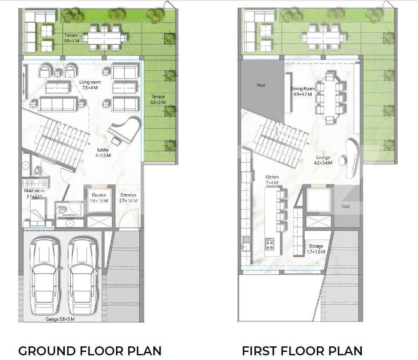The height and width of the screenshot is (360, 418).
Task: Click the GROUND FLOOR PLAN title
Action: coord(90,351)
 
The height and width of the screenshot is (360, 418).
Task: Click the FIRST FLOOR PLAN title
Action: coord(302,351)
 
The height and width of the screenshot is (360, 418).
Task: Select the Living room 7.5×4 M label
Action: coord(89,85)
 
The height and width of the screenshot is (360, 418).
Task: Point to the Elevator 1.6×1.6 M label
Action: coord(99,198)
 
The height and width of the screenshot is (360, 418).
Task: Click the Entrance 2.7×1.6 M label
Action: coord(128,198)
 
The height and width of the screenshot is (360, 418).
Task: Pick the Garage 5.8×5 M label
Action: coord(60,319)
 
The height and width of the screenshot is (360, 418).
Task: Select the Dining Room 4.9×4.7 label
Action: coord(303,91)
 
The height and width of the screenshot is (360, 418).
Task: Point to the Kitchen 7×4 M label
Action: coord(272,180)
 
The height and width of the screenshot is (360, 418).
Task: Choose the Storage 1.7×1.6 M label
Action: coord(316,249)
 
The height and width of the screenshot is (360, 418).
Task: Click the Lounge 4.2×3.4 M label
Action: coord(323,160)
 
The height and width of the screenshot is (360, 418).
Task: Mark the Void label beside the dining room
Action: coord(261,85)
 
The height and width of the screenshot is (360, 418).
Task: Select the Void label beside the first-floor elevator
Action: coord(346,206)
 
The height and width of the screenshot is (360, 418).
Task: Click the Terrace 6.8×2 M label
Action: coord(157,99)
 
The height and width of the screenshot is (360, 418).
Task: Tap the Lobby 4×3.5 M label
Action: coord(102,153)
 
